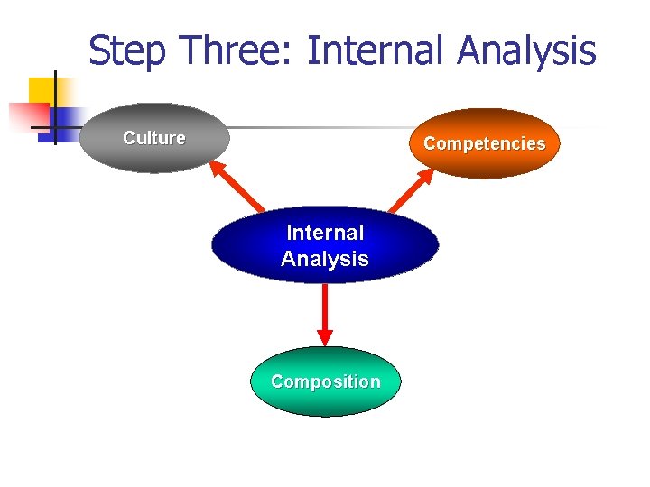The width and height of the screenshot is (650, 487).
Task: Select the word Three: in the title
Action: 231,51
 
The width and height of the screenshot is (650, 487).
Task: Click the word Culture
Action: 154,138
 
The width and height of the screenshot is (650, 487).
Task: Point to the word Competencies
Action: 485,143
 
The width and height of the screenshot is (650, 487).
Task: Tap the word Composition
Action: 325,381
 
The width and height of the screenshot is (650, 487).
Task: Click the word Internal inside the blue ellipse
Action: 325,233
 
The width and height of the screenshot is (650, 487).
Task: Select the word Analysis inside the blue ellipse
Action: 325,259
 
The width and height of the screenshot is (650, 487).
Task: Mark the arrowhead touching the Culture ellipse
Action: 216,168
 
